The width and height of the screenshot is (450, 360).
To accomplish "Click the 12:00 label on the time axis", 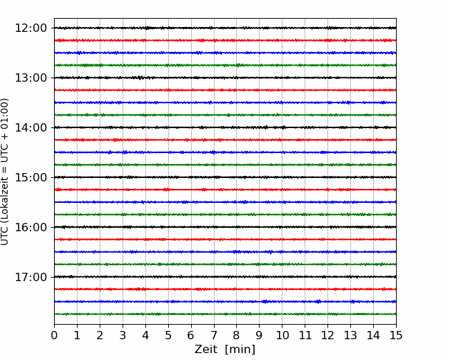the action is (x=30, y=28).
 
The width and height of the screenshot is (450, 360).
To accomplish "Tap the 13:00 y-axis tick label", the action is (x=30, y=78).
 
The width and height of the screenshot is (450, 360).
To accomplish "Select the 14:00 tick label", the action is (x=30, y=127).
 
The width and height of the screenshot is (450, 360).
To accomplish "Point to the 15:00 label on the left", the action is (x=30, y=177).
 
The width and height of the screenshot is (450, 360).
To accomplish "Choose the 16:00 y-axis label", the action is (x=30, y=227).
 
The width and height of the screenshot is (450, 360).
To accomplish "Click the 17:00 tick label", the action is (x=30, y=277).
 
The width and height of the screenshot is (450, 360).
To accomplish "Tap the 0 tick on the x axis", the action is (x=54, y=335).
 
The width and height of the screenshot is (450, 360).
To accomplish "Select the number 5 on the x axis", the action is (x=168, y=335).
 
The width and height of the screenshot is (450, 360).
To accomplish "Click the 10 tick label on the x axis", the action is (x=282, y=335).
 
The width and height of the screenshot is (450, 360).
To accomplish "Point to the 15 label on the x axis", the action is (x=396, y=335).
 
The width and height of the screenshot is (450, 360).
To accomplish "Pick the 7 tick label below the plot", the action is (x=214, y=335).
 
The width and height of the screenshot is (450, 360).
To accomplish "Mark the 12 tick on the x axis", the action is (x=327, y=335).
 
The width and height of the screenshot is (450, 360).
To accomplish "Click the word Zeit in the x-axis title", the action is (x=206, y=349).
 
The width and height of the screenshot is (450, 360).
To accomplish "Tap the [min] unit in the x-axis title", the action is (x=240, y=350).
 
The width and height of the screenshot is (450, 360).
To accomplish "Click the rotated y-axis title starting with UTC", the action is (x=5, y=172).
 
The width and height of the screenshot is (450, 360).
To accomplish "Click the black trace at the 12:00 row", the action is (x=225, y=28).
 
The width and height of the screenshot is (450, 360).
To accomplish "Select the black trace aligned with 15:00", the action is (x=225, y=177).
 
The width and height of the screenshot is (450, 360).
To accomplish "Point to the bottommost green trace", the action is (x=225, y=314).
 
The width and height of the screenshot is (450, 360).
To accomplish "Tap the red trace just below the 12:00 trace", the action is (x=225, y=40).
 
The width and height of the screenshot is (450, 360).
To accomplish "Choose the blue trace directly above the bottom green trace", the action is (x=225, y=301).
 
